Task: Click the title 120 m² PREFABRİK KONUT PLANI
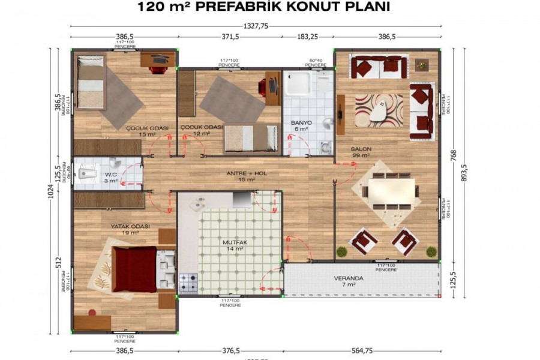pyautogui.click(x=264, y=7)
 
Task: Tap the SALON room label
pyautogui.click(x=361, y=149)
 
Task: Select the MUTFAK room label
pyautogui.click(x=233, y=242)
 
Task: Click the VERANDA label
pyautogui.click(x=349, y=278)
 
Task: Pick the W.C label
pyautogui.click(x=110, y=176)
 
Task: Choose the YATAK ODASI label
pyautogui.click(x=130, y=226)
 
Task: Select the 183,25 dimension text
pyautogui.click(x=307, y=37)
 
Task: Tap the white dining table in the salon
pyautogui.click(x=391, y=191)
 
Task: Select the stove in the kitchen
pyautogui.click(x=188, y=282)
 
